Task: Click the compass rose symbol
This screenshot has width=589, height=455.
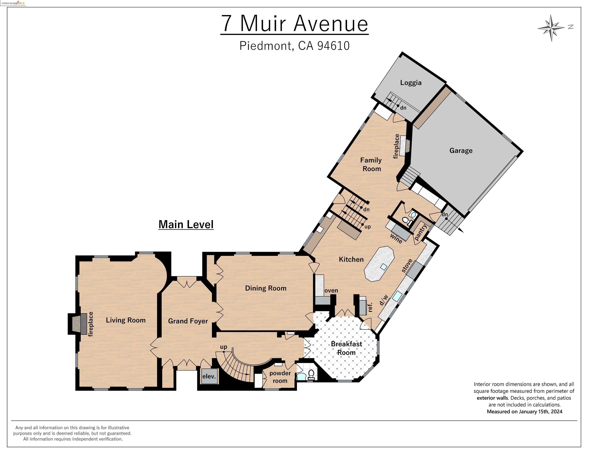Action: tap(551, 28)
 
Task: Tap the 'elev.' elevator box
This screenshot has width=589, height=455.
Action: tap(209, 376)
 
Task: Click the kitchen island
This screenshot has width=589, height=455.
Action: tap(379, 264)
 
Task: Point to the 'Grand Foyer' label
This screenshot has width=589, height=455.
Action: tap(188, 321)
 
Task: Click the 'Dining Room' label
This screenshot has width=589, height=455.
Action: tap(266, 288)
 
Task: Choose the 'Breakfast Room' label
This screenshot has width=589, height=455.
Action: tap(347, 348)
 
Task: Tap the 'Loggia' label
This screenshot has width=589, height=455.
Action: tap(411, 83)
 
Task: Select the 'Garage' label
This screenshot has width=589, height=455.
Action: tap(461, 150)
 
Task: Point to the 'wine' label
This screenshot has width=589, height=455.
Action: tap(396, 239)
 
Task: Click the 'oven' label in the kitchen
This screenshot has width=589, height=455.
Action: tap(331, 290)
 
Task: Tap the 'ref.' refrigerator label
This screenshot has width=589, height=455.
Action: tap(370, 307)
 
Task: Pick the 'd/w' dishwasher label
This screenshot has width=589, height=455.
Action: tap(384, 300)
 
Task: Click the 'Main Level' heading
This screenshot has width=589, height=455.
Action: tap(186, 224)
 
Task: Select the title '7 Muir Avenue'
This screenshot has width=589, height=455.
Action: tap(294, 24)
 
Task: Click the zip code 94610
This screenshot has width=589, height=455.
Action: tap(333, 46)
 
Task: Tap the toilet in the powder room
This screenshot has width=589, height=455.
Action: tap(311, 375)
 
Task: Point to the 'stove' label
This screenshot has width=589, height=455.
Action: tap(407, 265)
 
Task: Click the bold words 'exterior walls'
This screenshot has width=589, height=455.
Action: tap(492, 398)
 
